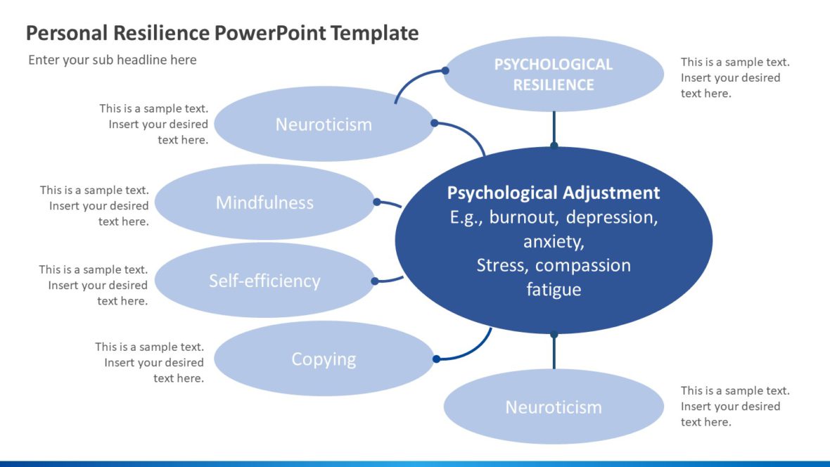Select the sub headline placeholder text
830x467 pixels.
pyautogui.click(x=113, y=60)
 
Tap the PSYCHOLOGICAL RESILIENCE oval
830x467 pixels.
pyautogui.click(x=554, y=75)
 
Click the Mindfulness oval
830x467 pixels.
pyautogui.click(x=264, y=203)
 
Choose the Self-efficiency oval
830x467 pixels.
pyautogui.click(x=264, y=281)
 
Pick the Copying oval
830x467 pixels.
pyautogui.click(x=324, y=359)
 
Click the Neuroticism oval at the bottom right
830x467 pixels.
pyautogui.click(x=554, y=407)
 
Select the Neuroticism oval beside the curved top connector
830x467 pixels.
pyautogui.click(x=324, y=124)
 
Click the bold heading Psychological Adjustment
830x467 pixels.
pyautogui.click(x=554, y=193)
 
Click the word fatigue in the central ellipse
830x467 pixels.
pyautogui.click(x=554, y=289)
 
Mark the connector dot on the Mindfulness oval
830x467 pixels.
pyautogui.click(x=377, y=202)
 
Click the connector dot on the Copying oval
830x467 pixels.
pyautogui.click(x=436, y=359)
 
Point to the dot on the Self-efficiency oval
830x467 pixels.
pyautogui.click(x=375, y=281)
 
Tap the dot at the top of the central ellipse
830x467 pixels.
pyautogui.click(x=554, y=146)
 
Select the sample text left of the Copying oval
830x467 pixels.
pyautogui.click(x=150, y=362)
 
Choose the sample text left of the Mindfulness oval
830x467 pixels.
pyautogui.click(x=95, y=205)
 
